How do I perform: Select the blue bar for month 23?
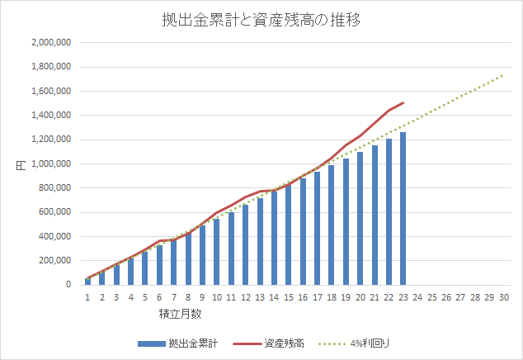tap(403, 209)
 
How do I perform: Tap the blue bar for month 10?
tap(216, 252)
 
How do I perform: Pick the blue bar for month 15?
tap(288, 235)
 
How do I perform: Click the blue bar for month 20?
tap(360, 219)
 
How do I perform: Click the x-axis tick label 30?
tap(503, 298)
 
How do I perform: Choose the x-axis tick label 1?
tap(87, 298)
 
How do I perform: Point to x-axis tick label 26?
tap(445, 298)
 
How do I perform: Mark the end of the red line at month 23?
tap(403, 103)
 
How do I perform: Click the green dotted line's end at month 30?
tap(503, 75)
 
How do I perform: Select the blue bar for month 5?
tap(144, 268)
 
